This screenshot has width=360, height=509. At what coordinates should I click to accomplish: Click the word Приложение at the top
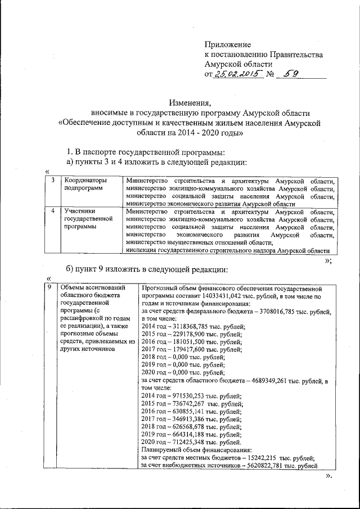coord(228,44)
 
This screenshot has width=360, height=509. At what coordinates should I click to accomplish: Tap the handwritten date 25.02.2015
coord(239,75)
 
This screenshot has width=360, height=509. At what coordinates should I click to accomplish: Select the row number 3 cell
coord(52,181)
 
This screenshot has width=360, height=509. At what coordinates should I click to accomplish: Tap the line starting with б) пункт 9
coord(147,267)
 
